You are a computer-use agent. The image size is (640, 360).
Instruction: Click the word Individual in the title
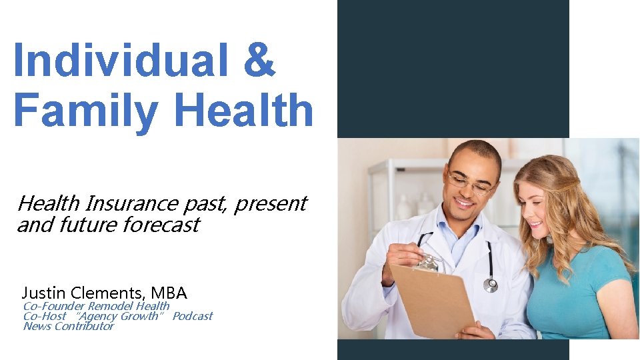click(x=113, y=59)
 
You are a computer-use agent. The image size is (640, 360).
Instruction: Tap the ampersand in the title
click(x=259, y=59)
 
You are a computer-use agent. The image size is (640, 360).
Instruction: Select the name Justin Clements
click(x=84, y=293)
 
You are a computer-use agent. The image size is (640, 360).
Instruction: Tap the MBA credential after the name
click(x=169, y=293)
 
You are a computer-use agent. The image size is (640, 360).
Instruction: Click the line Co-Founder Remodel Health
click(x=96, y=306)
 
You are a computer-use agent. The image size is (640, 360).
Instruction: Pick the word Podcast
click(x=193, y=316)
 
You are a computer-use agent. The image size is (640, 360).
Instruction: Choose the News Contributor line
click(x=68, y=326)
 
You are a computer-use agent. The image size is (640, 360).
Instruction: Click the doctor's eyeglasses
click(x=472, y=183)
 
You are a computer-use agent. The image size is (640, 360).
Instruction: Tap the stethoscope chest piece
click(x=491, y=285)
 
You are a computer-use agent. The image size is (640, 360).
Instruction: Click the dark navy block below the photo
click(x=453, y=349)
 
